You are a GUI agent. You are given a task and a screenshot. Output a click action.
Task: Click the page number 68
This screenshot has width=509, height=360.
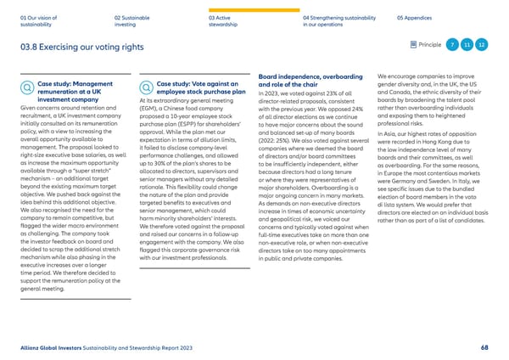click(x=484, y=347)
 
